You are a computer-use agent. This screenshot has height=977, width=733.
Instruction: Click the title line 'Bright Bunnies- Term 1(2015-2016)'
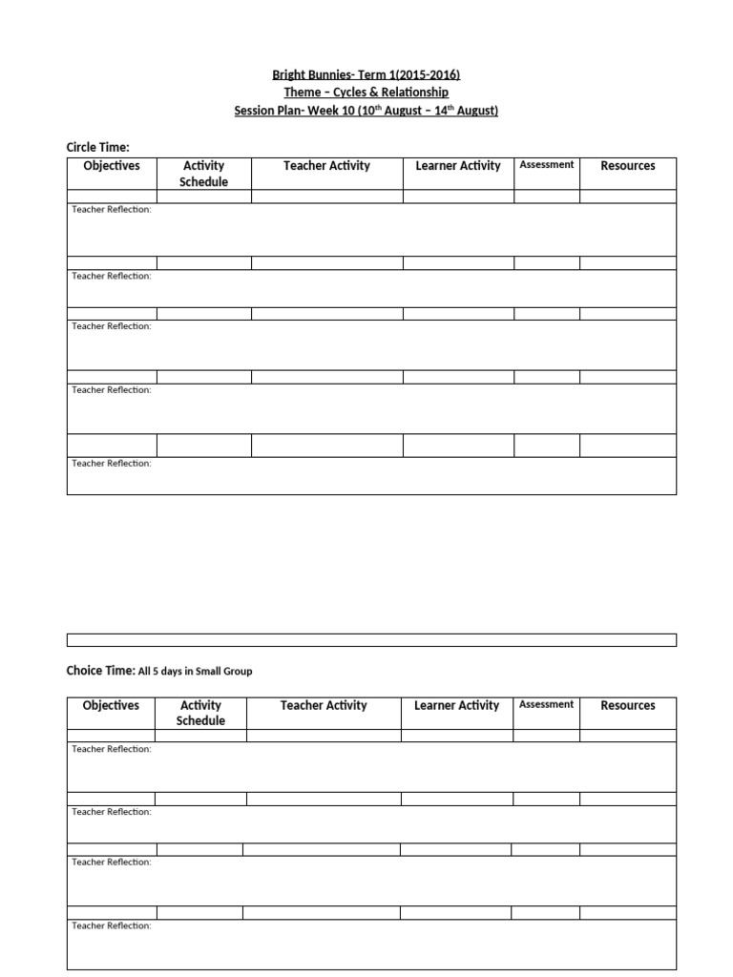click(366, 74)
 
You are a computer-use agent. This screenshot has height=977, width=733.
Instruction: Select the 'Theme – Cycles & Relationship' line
click(366, 93)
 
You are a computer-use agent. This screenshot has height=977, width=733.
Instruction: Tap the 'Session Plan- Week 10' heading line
click(366, 111)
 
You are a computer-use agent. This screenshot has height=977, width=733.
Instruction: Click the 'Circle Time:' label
click(97, 147)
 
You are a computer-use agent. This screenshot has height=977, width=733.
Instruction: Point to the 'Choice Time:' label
click(102, 671)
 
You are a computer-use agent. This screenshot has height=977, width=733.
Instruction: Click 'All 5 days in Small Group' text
click(196, 672)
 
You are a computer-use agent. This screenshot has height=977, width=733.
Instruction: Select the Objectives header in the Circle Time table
click(112, 166)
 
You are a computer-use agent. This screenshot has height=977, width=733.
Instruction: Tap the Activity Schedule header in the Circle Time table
click(204, 174)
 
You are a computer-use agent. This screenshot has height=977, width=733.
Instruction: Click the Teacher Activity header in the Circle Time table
click(326, 166)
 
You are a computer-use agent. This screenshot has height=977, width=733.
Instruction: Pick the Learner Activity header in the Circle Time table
click(458, 166)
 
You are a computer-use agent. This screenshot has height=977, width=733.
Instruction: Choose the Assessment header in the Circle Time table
click(547, 165)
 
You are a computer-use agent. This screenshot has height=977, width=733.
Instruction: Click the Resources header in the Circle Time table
click(628, 166)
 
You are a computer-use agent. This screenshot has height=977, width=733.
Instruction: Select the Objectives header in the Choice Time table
click(111, 706)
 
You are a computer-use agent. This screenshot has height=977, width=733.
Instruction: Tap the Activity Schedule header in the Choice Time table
click(200, 714)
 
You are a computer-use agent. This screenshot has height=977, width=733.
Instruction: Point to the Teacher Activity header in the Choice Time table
click(324, 706)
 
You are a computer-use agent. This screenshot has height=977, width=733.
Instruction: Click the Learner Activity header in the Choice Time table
click(456, 706)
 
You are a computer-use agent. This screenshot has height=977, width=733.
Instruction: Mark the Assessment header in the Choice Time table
click(547, 705)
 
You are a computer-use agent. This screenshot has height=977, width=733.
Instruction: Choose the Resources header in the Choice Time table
click(628, 706)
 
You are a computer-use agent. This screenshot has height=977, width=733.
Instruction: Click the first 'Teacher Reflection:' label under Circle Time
click(112, 210)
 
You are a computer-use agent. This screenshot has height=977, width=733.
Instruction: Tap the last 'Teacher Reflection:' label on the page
click(112, 925)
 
